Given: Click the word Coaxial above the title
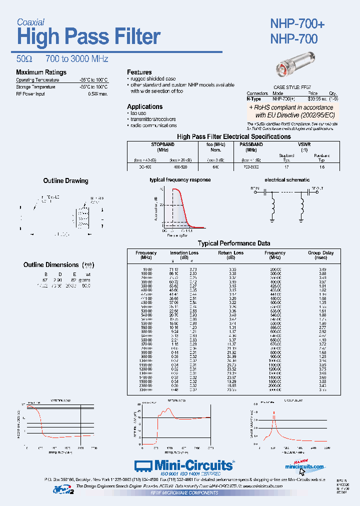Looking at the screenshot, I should click(x=30, y=22).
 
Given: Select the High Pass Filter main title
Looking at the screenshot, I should click(x=88, y=37).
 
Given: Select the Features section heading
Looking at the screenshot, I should click(x=139, y=72).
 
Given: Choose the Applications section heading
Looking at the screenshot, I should click(x=144, y=106).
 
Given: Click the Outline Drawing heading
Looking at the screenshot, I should click(x=65, y=181).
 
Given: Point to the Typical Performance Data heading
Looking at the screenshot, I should click(x=234, y=243).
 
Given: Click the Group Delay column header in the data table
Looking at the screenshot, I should click(x=320, y=253).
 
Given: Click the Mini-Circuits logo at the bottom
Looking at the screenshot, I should click(x=184, y=465).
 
